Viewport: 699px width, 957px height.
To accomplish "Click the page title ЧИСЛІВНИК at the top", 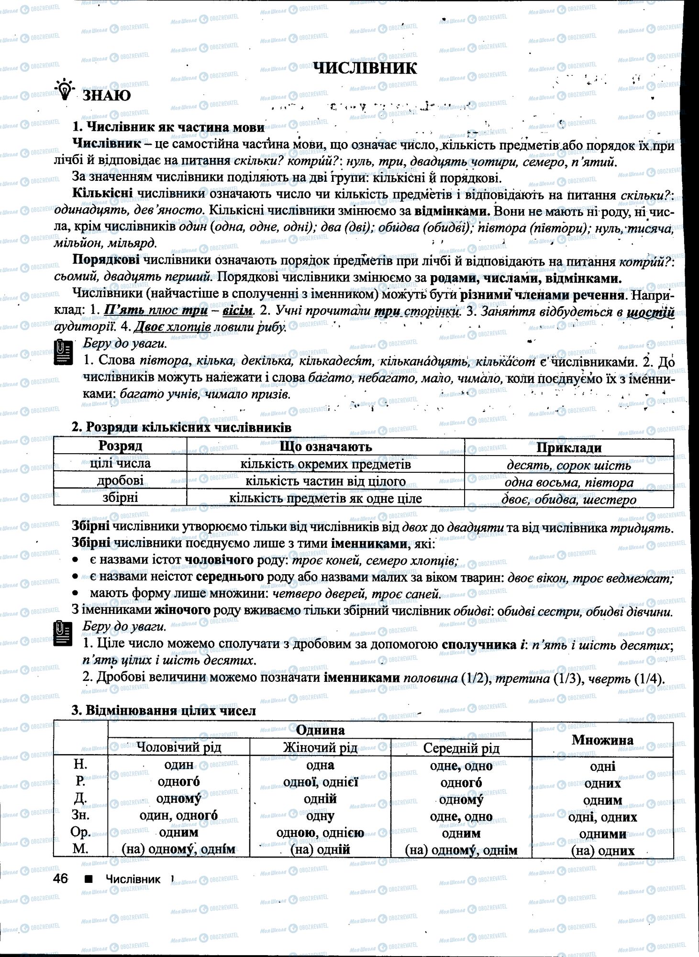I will click(x=365, y=68).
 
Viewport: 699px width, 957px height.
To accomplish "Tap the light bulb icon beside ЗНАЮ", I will click(x=65, y=90).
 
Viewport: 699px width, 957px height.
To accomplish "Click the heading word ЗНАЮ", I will click(x=107, y=96).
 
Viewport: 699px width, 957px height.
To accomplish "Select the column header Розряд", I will click(x=120, y=446).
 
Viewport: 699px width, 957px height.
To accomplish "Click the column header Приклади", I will click(x=568, y=447).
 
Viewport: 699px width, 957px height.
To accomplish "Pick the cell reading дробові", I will click(x=120, y=481).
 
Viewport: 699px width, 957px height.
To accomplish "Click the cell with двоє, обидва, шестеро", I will click(x=568, y=500).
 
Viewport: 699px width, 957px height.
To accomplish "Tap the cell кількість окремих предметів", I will click(x=325, y=464).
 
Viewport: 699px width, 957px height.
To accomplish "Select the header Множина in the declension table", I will click(x=602, y=740).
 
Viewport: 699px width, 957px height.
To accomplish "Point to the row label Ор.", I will click(x=80, y=832).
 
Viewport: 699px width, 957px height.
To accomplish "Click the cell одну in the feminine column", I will click(x=320, y=816).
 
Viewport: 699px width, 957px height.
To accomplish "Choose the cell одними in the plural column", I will click(x=602, y=834).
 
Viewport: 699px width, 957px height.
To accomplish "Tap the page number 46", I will click(x=61, y=879).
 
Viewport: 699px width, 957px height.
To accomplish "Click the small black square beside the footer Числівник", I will click(x=88, y=879).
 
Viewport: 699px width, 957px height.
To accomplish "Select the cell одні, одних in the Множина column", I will click(x=602, y=817).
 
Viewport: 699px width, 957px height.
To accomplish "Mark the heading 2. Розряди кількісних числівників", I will click(x=181, y=427).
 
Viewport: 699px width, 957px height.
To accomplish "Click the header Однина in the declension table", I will click(x=320, y=730).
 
